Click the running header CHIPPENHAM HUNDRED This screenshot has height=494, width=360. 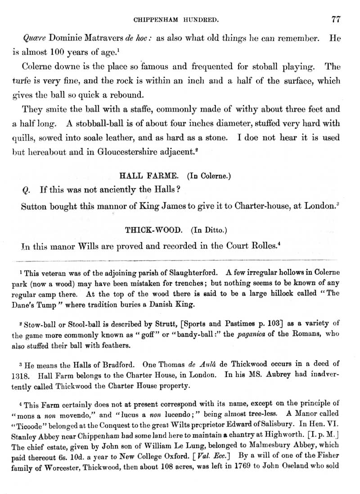(x=180, y=20)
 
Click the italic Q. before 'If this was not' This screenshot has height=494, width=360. (x=26, y=190)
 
